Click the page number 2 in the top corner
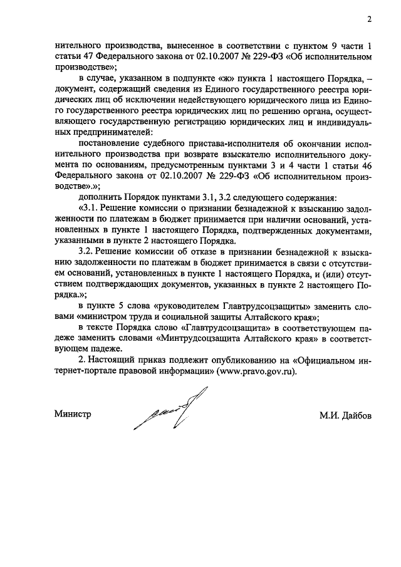click(370, 19)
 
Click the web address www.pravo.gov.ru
click(254, 371)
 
